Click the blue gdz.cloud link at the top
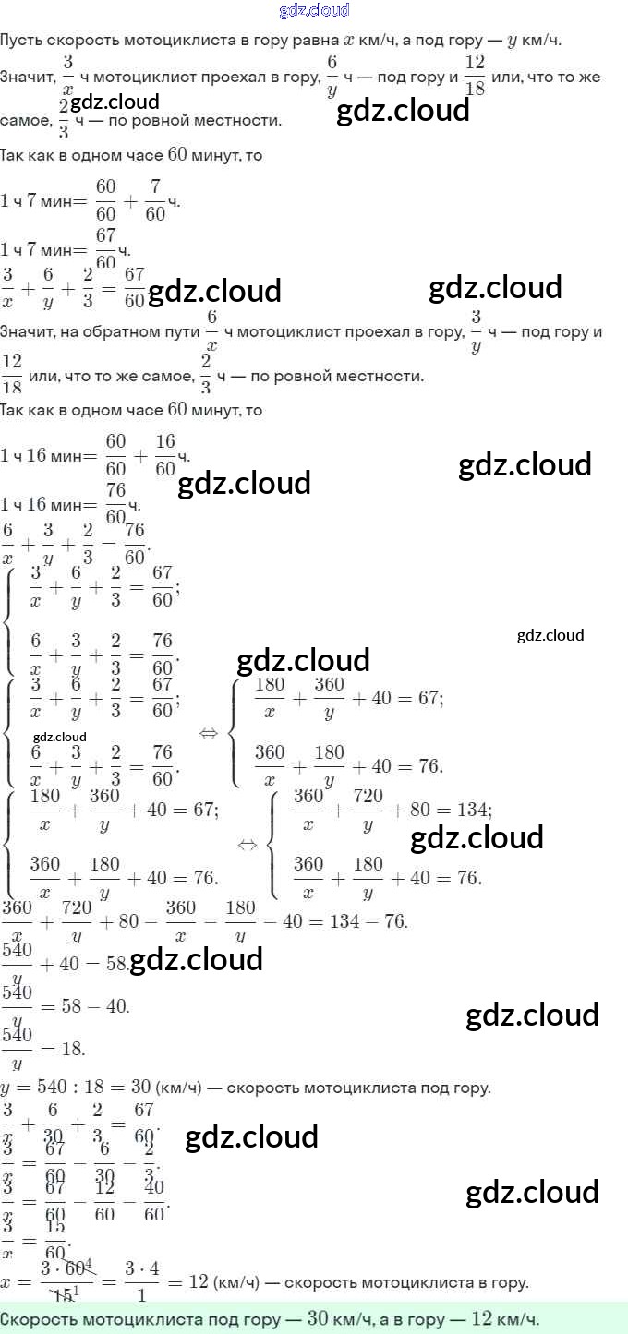tap(314, 10)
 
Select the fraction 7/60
tap(155, 200)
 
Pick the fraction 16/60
tap(164, 454)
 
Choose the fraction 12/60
tap(104, 1205)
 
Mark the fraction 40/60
tap(154, 1205)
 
